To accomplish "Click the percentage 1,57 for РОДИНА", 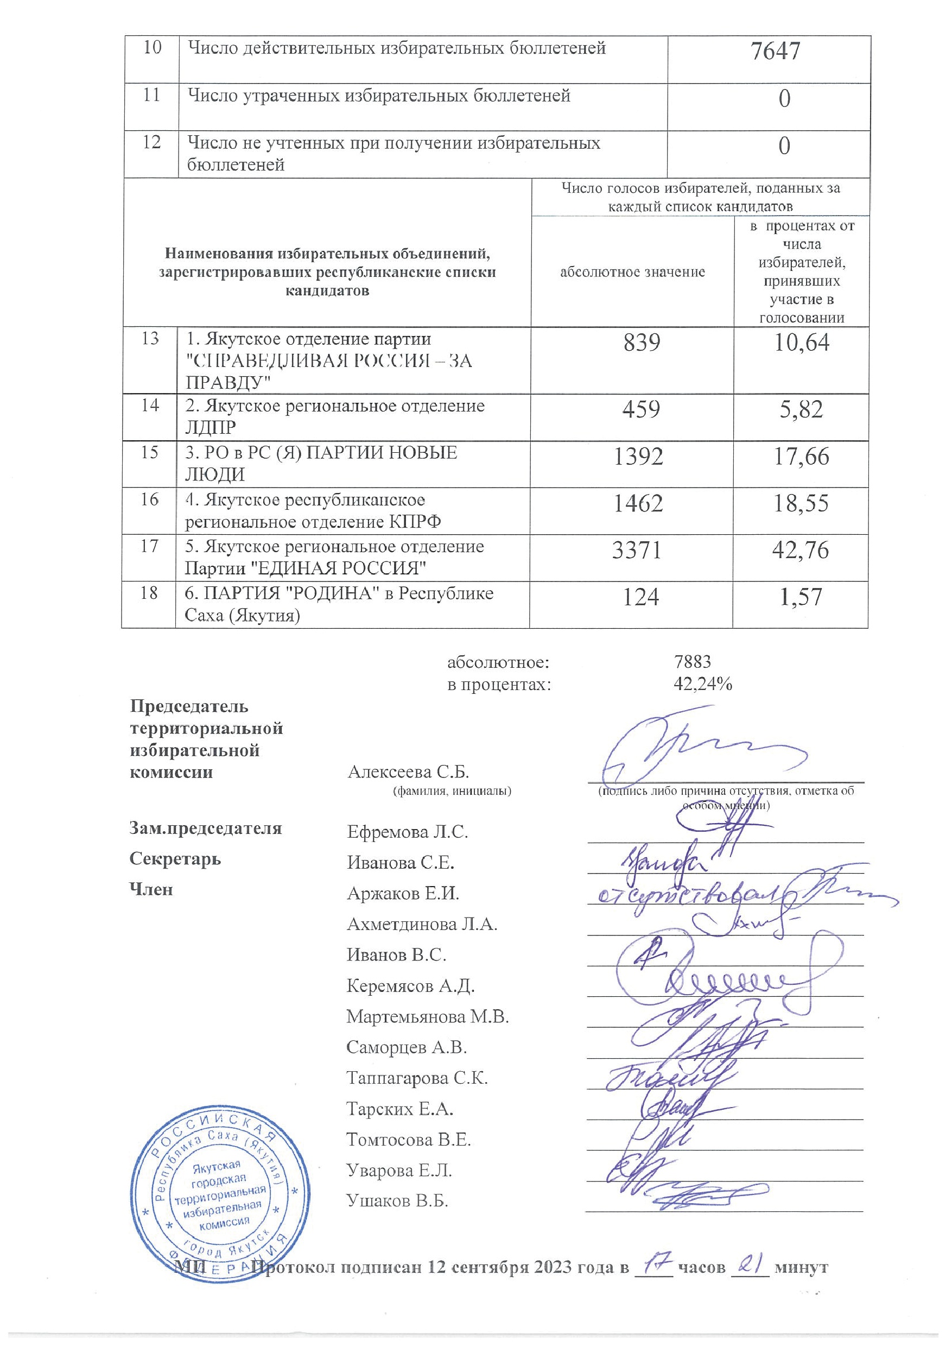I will (801, 597).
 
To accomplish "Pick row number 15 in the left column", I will (150, 452).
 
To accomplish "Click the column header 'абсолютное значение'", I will (632, 272).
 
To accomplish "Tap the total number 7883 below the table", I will (693, 662).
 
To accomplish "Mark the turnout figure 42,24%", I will (703, 684).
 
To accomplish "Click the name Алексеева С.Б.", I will (408, 772).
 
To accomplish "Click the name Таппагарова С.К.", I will (416, 1078).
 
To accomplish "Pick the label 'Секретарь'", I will (175, 859).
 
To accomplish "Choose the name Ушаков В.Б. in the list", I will (397, 1201).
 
